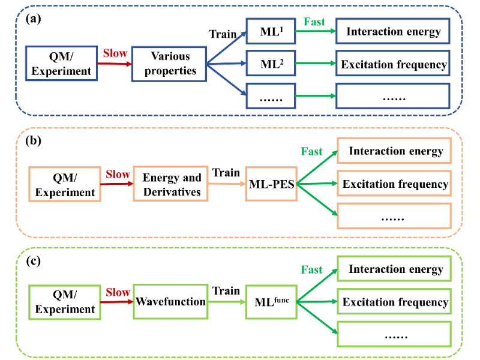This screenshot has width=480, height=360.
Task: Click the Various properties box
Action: tap(169, 64)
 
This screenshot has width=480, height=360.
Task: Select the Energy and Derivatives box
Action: tap(171, 184)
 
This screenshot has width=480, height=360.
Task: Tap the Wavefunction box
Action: tap(171, 301)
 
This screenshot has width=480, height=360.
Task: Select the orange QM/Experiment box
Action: tap(64, 184)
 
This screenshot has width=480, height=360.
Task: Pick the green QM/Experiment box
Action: tap(64, 301)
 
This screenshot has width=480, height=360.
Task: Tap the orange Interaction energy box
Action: tap(394, 151)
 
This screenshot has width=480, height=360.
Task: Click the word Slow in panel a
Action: tap(115, 53)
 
